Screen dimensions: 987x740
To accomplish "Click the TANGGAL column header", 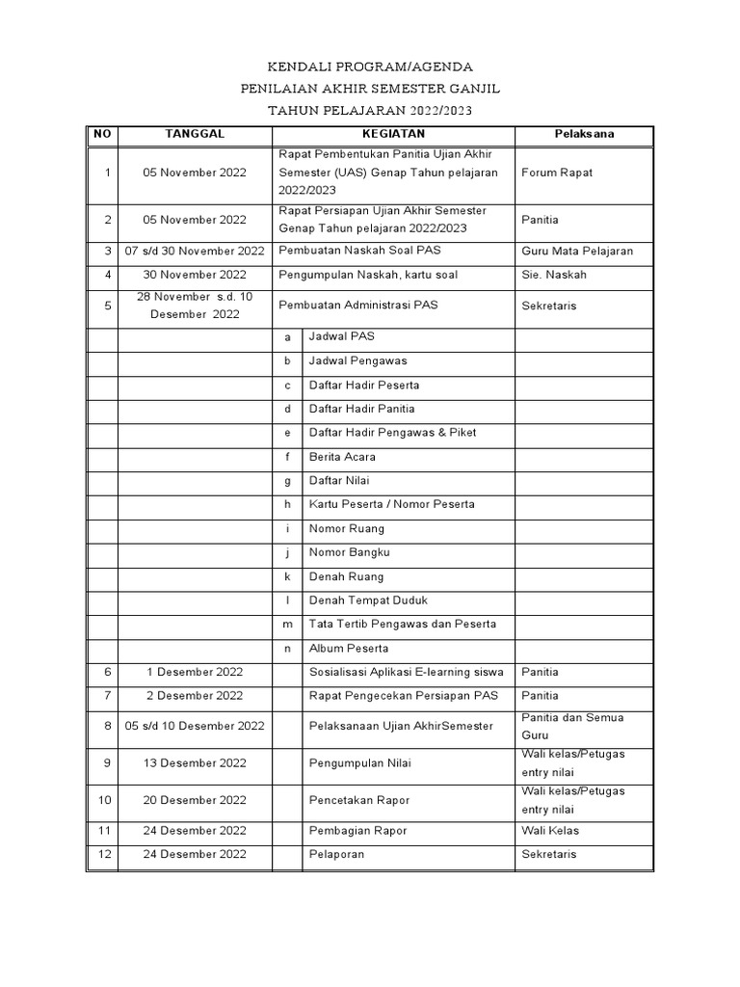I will coord(195,134).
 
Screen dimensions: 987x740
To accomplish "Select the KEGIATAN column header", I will coord(393,134).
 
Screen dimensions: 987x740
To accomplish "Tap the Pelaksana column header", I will coord(584,134).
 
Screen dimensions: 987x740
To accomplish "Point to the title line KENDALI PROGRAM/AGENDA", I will coord(370,67).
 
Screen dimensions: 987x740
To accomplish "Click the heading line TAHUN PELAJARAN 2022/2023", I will coord(370,111).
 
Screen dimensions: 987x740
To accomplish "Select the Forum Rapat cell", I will coord(557,173).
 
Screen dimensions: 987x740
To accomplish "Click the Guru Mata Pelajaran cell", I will coord(577,251).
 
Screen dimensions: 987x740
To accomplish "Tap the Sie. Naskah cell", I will coord(554,275).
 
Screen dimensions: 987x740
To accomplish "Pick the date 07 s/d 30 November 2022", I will coord(195,251).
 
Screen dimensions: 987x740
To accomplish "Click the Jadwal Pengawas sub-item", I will coord(357,360).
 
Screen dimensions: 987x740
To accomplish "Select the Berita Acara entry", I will coord(342,457).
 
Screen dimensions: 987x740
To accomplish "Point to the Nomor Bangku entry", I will coord(349,552).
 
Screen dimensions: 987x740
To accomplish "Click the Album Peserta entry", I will coord(347,649).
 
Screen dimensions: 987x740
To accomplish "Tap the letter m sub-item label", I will coord(287,625).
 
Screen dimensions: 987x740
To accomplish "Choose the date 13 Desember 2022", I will coord(195,763).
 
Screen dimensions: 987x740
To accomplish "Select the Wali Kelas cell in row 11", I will coord(550,830).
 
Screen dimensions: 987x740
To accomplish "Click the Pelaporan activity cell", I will coord(336,854).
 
